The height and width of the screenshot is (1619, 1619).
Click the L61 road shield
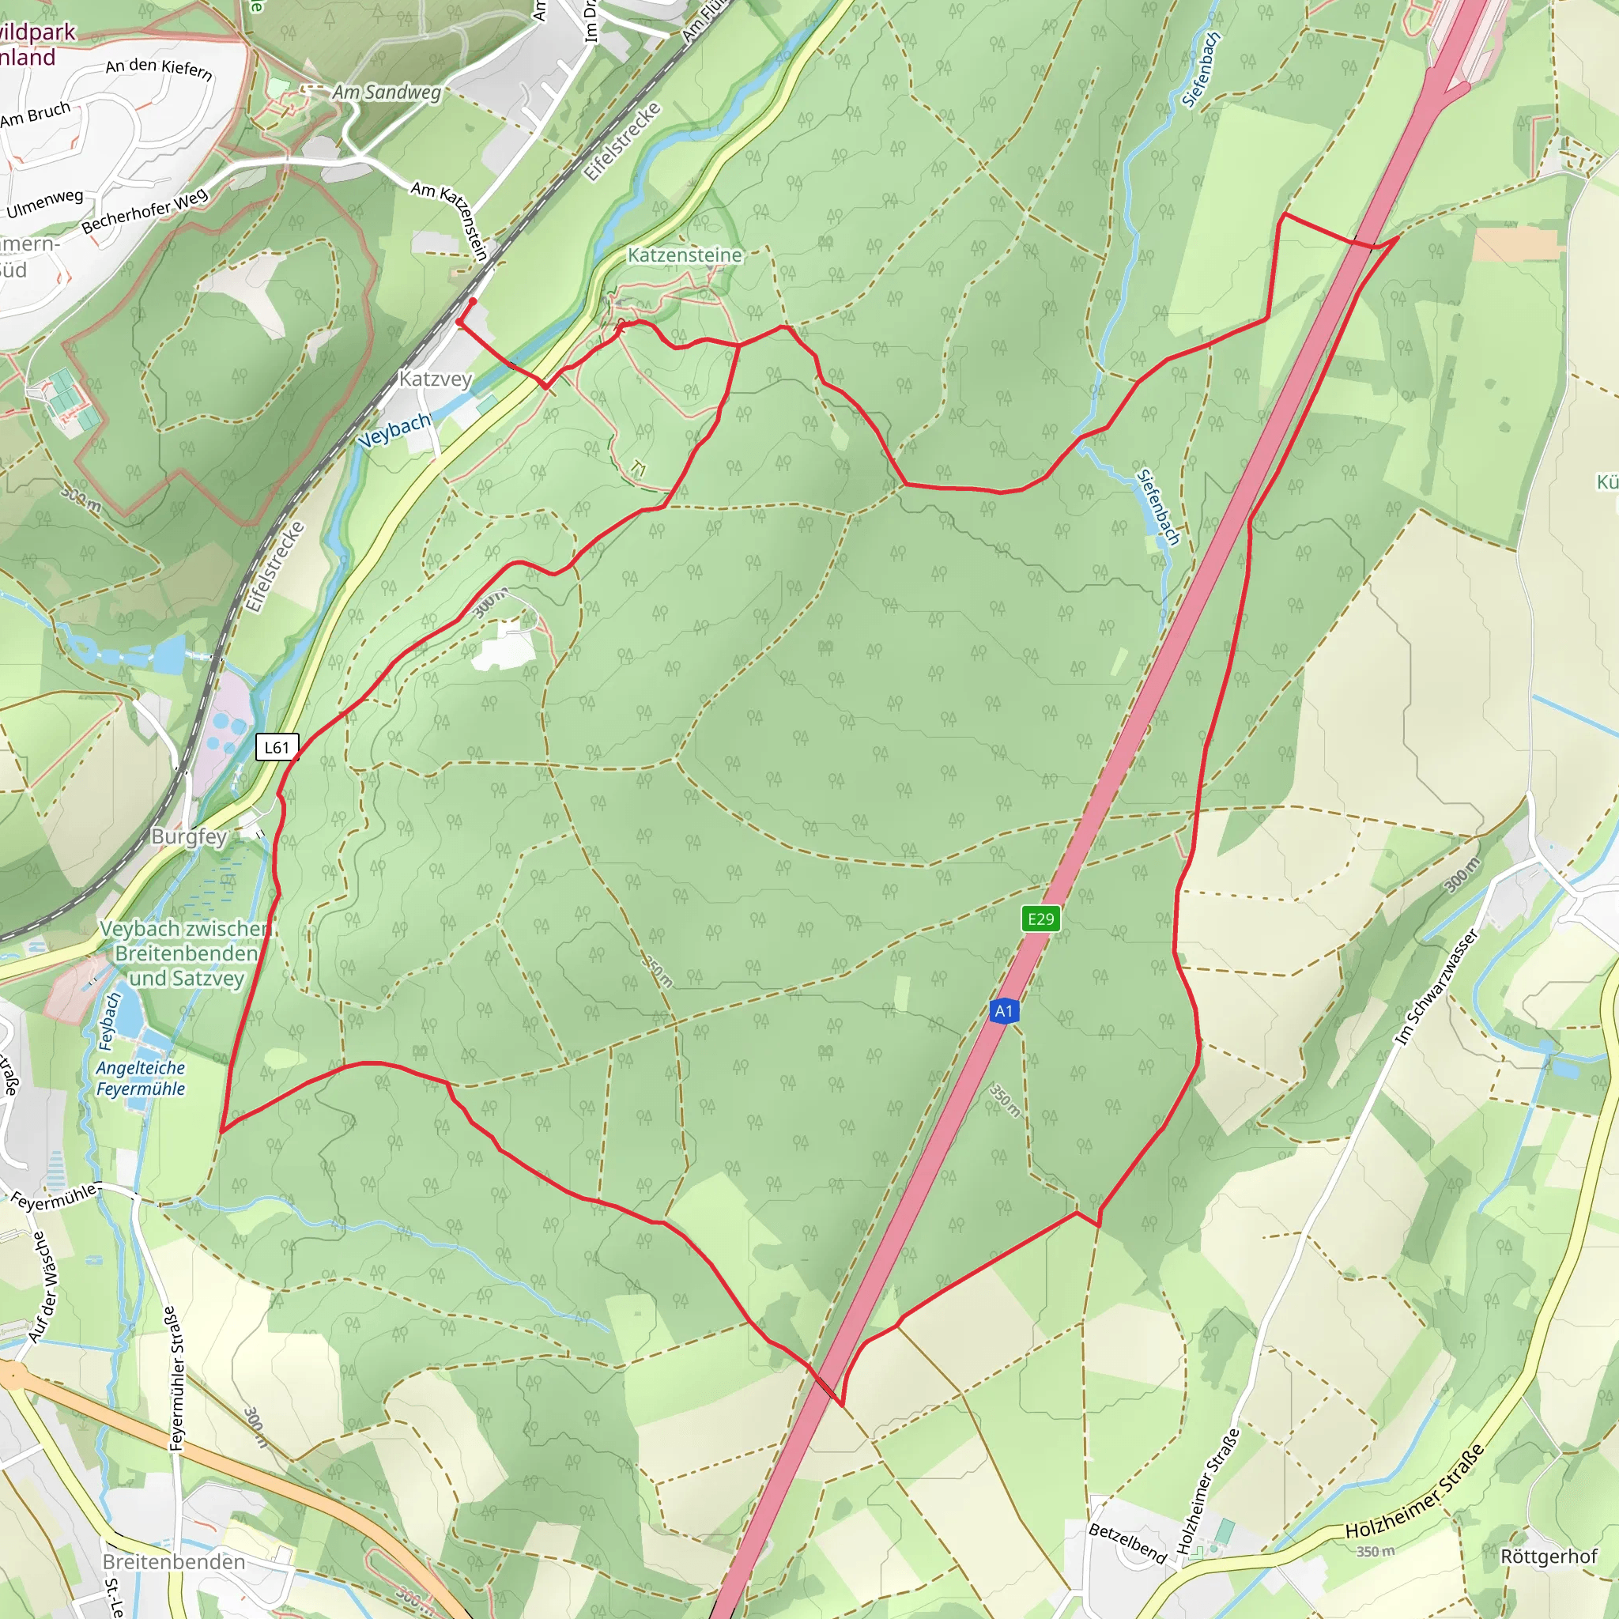click(277, 748)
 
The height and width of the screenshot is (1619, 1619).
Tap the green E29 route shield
click(1040, 919)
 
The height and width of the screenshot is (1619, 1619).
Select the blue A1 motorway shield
click(1004, 1011)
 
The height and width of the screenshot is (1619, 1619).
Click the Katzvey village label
click(435, 379)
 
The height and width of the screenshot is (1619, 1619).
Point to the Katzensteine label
click(685, 255)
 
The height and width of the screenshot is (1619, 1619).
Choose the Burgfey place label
click(190, 836)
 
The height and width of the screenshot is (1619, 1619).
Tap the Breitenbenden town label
click(173, 1562)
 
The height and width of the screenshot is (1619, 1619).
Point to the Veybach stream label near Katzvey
click(394, 430)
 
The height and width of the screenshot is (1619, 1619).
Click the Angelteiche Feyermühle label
click(140, 1078)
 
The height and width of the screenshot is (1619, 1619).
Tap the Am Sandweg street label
click(387, 92)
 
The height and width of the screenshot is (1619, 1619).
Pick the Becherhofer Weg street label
click(144, 212)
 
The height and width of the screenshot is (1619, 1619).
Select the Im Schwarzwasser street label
click(1436, 987)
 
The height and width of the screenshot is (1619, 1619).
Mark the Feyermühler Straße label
click(173, 1379)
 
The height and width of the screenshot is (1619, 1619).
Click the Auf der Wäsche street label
click(43, 1287)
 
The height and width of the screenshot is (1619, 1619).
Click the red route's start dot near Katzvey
click(473, 301)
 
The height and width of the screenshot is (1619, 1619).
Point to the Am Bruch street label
click(36, 115)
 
